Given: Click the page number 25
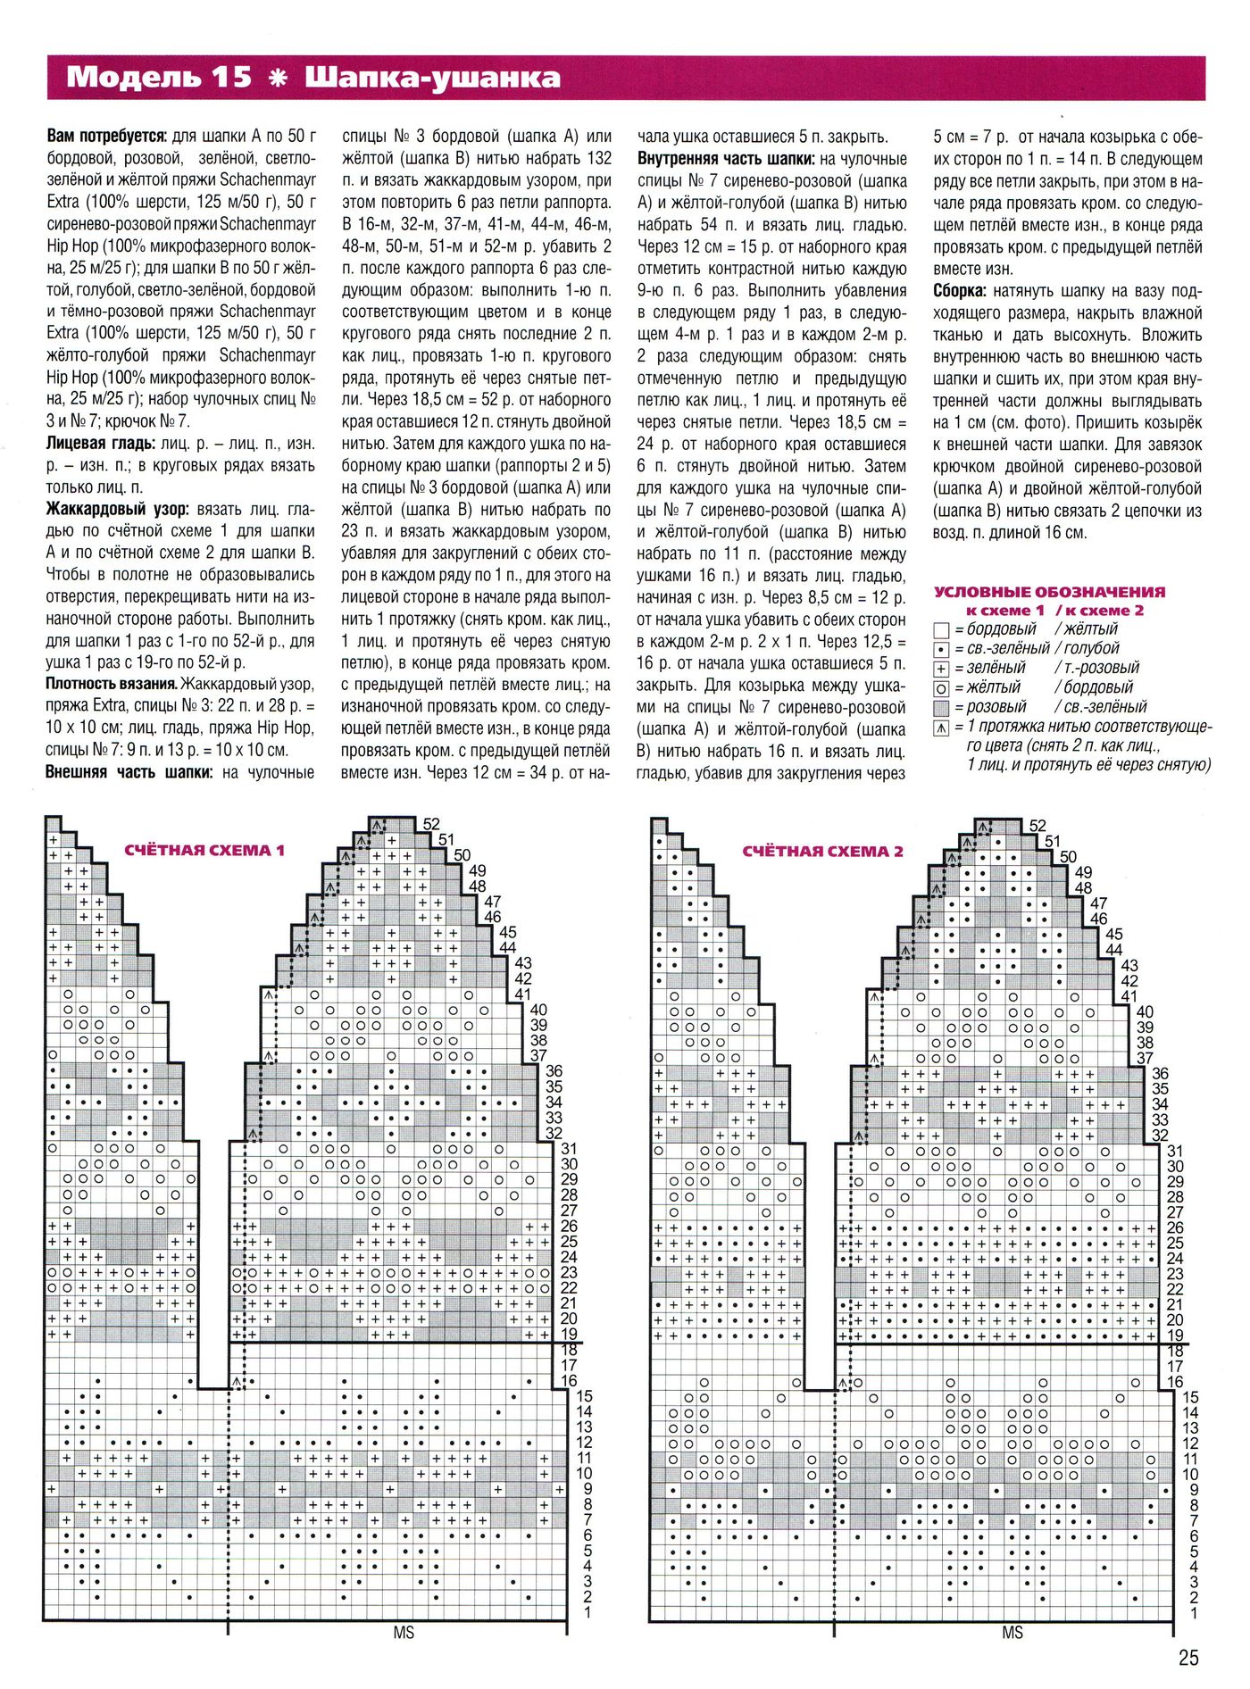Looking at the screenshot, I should point(1188,1658).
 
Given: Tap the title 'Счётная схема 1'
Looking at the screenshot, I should point(204,850).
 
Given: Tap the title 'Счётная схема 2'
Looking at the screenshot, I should point(822,851).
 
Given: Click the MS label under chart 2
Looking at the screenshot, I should point(1012,1632).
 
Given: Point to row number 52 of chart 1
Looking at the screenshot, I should point(432,824).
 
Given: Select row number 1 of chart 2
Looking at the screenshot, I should point(1194,1613).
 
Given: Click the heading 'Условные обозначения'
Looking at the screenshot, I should point(1049,591).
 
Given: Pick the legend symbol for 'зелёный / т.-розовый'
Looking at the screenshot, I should point(940,669).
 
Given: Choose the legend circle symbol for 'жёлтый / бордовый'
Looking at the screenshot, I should point(940,688).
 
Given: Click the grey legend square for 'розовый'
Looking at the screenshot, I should point(940,708).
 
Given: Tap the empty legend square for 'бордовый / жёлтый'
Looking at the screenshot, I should point(940,630).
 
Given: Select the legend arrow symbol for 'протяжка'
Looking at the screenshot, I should point(940,728).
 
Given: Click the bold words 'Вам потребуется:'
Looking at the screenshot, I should point(106,137).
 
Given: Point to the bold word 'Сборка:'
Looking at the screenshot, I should point(960,291).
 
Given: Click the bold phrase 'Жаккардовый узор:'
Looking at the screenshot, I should point(117,510).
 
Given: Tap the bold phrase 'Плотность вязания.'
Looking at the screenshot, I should point(111,684).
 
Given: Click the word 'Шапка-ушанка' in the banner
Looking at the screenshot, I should point(433,78).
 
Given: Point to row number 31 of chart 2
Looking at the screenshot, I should point(1175,1152).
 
